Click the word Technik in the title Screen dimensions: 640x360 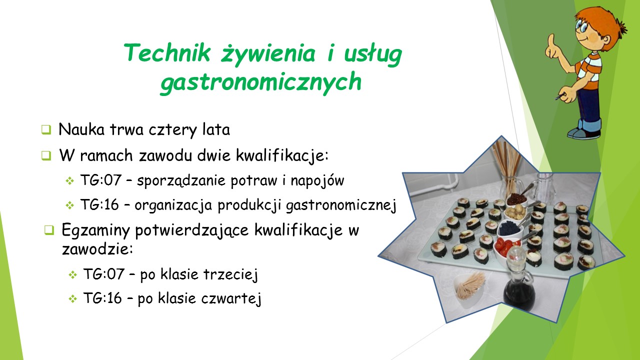[x=167, y=52]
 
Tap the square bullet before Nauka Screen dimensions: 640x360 [x=46, y=129]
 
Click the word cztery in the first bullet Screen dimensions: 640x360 [x=172, y=130]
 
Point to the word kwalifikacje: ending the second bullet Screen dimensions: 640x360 [x=282, y=155]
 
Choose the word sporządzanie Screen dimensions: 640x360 [x=181, y=181]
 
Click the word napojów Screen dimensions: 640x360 [x=317, y=180]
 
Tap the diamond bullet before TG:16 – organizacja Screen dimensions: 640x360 [x=69, y=205]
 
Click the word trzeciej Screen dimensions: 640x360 [x=230, y=274]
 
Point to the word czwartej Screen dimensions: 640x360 [x=231, y=299]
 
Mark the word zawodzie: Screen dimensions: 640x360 [x=97, y=249]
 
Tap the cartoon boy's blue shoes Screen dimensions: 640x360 [x=584, y=131]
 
